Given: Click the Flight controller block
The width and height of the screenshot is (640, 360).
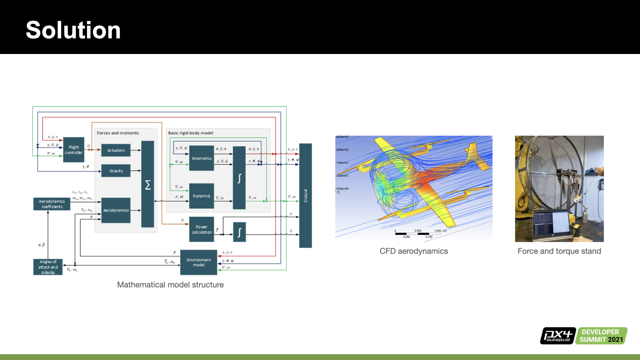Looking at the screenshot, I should (74, 150).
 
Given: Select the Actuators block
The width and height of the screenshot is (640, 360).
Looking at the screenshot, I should (116, 150).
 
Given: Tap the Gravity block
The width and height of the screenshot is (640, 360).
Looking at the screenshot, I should (116, 171).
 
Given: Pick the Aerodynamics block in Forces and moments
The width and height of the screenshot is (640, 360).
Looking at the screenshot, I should (116, 210).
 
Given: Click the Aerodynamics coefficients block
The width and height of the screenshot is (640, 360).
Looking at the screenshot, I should (52, 204).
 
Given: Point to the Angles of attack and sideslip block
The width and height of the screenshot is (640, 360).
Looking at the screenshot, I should (48, 267).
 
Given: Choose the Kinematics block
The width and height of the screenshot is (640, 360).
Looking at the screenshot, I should (201, 158).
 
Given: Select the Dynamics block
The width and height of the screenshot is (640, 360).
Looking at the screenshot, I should (201, 196).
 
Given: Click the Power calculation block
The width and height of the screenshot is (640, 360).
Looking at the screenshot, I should (201, 229).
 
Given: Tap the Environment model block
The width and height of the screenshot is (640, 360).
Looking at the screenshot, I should (199, 262).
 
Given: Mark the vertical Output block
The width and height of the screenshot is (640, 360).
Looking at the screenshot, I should (305, 196).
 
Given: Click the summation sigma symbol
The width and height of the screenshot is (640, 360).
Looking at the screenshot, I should (148, 185).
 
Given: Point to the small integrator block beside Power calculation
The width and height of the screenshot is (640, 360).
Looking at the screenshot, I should (239, 232).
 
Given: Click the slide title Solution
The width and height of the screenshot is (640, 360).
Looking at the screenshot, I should (73, 30).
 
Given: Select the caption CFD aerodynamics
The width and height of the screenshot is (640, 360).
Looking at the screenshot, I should (414, 251).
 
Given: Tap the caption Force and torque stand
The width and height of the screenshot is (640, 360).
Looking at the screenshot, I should (559, 251).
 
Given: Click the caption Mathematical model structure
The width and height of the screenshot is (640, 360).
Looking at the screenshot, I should (170, 285).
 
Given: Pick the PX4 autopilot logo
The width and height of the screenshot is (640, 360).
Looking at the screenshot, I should (558, 336).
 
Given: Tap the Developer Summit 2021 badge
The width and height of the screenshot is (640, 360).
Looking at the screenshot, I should (601, 336).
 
